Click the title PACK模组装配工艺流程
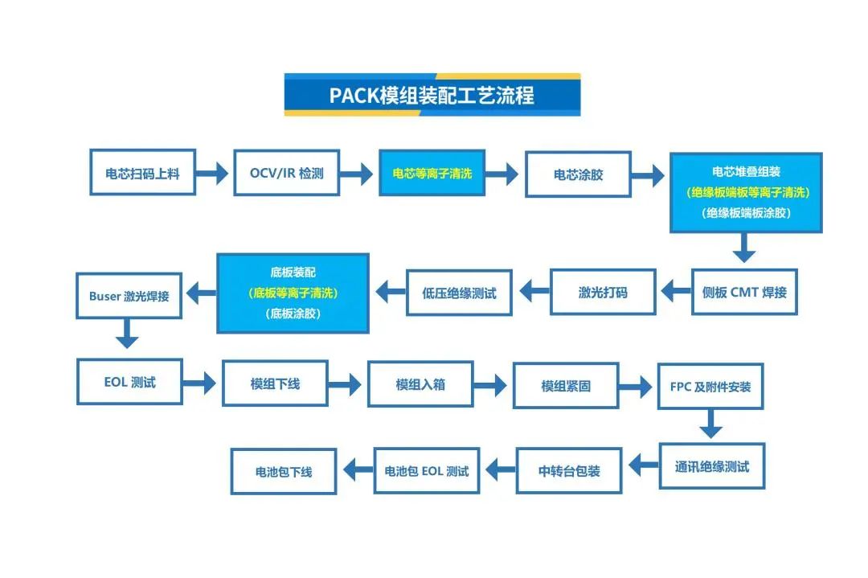(432, 95)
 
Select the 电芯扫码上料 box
(142, 173)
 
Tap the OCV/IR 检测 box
(287, 173)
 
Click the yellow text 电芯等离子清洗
(432, 173)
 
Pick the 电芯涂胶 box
(578, 174)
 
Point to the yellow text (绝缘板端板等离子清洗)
(746, 193)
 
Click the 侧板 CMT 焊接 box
(744, 292)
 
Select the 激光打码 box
(603, 292)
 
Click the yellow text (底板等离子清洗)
(293, 293)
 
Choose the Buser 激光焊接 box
(129, 296)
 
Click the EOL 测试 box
(129, 382)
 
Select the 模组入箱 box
(420, 385)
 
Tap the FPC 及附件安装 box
(710, 387)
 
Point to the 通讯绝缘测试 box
(712, 466)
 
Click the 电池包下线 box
(284, 472)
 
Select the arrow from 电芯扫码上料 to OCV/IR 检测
(214, 173)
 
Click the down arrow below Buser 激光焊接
(127, 333)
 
